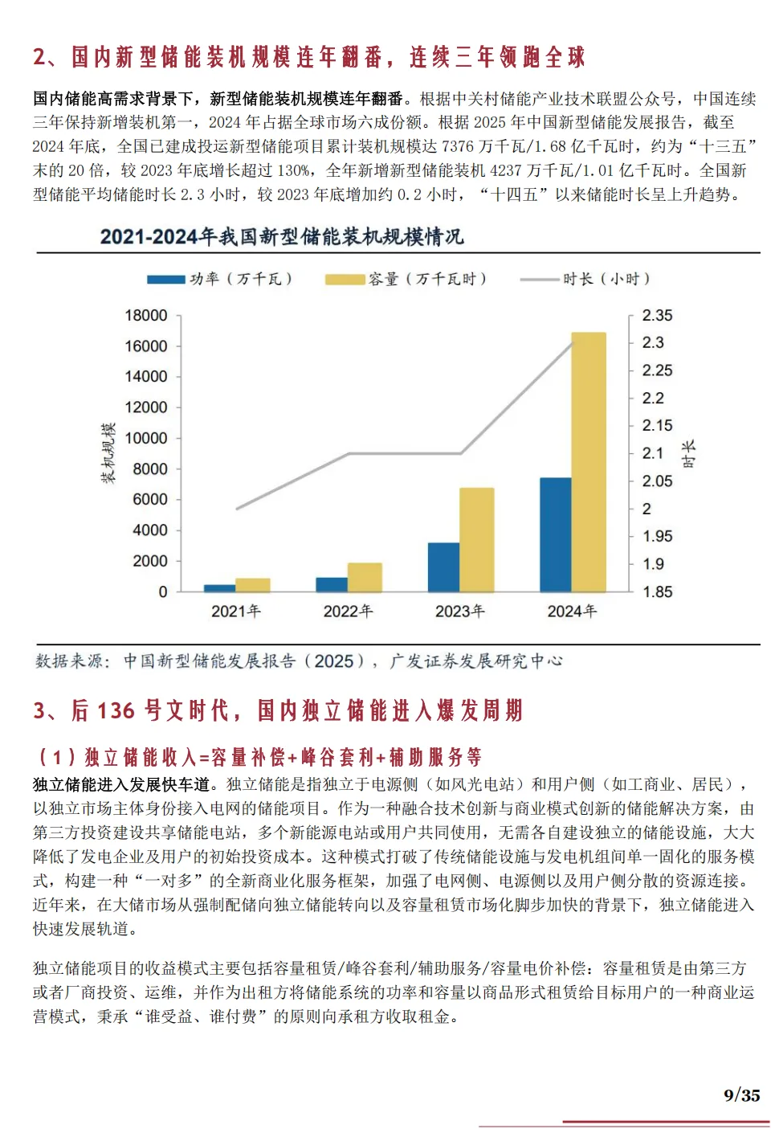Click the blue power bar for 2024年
pos(555,534)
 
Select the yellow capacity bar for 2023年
pos(476,539)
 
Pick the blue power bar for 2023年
pos(443,567)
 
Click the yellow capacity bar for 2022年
pos(365,577)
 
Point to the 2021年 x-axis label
pos(236,612)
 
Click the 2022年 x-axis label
pos(348,612)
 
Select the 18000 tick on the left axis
pos(146,316)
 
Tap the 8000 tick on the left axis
pos(150,469)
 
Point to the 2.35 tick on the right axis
pos(657,316)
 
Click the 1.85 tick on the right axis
pos(657,592)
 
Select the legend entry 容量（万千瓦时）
pos(406,279)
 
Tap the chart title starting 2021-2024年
pos(282,236)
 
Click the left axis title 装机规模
pos(108,453)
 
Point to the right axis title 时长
pos(689,454)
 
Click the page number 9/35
pos(741,1095)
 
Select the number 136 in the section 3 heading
pos(116,710)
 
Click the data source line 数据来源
pos(299,661)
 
